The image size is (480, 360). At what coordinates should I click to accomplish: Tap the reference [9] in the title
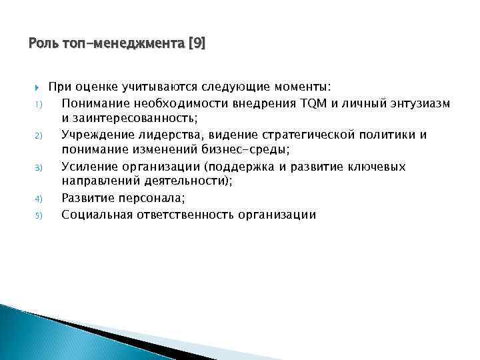coord(197,44)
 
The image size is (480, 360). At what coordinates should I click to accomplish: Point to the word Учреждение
coord(97,135)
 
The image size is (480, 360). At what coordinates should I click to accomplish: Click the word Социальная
coord(97,215)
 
